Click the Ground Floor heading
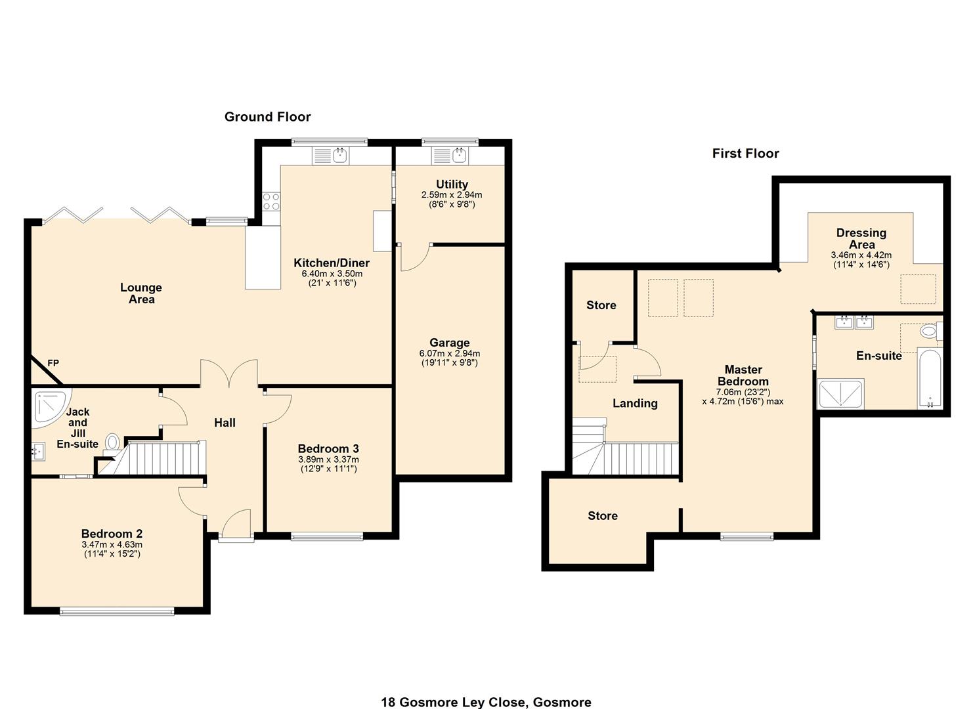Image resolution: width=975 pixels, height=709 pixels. pyautogui.click(x=267, y=117)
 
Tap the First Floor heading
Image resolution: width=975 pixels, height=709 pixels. pyautogui.click(x=745, y=154)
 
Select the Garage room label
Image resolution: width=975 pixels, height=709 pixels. pyautogui.click(x=449, y=343)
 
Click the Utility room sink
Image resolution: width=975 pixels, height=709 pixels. pyautogui.click(x=458, y=156)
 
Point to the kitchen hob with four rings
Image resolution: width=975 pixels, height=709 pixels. pyautogui.click(x=271, y=201)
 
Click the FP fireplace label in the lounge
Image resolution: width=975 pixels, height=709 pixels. pyautogui.click(x=53, y=363)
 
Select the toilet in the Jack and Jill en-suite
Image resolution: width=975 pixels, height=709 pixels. pyautogui.click(x=113, y=442)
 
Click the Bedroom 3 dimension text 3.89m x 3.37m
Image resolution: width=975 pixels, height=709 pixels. pyautogui.click(x=328, y=460)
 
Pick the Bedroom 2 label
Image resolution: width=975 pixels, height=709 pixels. pyautogui.click(x=112, y=534)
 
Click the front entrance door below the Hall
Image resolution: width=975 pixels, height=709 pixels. pyautogui.click(x=236, y=526)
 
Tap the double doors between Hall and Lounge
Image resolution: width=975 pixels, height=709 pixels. pyautogui.click(x=228, y=376)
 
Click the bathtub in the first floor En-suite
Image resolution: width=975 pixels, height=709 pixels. pyautogui.click(x=930, y=379)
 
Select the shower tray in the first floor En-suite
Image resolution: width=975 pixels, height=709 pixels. pyautogui.click(x=840, y=394)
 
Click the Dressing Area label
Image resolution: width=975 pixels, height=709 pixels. pyautogui.click(x=861, y=238)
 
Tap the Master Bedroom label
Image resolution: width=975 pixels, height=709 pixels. pyautogui.click(x=743, y=376)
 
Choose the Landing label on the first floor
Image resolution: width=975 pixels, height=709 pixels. pyautogui.click(x=635, y=403)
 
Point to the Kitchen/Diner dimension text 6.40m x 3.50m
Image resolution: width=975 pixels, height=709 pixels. pyautogui.click(x=332, y=274)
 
